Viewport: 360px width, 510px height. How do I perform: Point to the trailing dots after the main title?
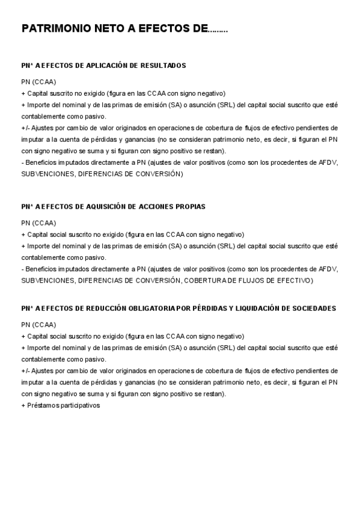[x=217, y=29]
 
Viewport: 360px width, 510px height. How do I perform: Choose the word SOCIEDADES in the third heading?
[x=311, y=308]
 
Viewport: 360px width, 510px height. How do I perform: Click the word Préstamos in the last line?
[x=41, y=405]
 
